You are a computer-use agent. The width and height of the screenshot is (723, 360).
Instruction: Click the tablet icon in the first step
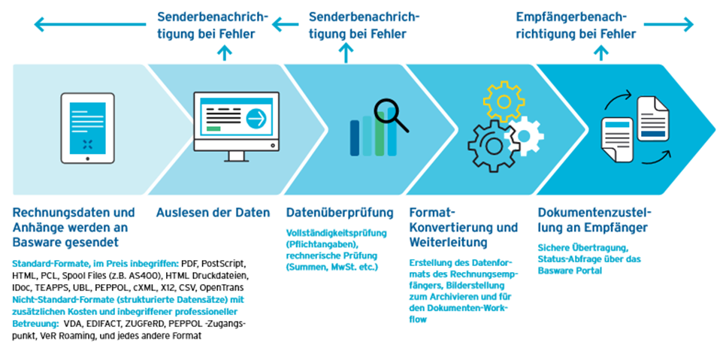(88, 129)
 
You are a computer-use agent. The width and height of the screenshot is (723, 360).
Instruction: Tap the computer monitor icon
(236, 127)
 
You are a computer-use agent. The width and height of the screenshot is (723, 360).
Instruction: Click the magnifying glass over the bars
(391, 115)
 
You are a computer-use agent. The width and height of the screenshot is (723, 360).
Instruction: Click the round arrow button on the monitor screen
(257, 119)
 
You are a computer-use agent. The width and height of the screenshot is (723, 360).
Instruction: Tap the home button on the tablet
(88, 159)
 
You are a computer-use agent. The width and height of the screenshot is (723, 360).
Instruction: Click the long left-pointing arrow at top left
(90, 23)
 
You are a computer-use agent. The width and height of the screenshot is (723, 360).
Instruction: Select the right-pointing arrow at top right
(669, 24)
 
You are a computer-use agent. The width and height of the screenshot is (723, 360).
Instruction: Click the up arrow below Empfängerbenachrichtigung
(600, 53)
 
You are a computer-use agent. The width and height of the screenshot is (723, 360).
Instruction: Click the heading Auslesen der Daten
(213, 213)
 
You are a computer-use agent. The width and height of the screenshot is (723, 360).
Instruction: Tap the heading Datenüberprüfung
(340, 213)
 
